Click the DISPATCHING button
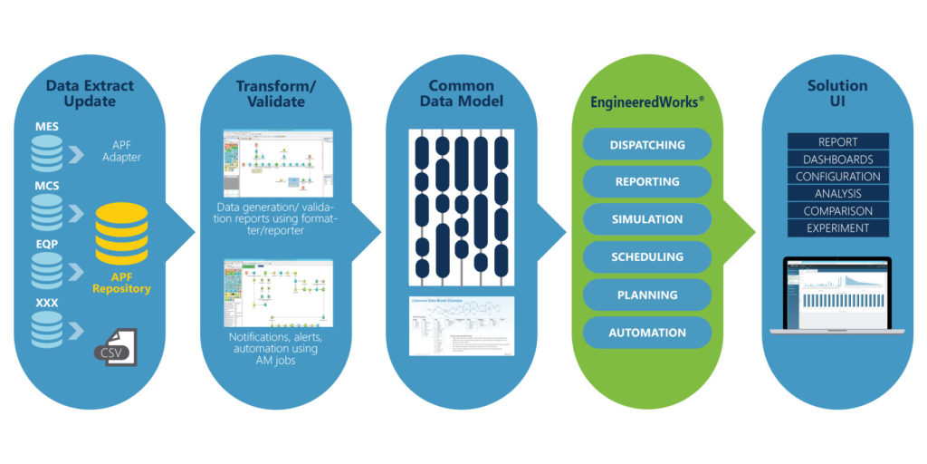coord(646,144)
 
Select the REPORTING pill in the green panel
coord(646,181)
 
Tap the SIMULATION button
coord(646,219)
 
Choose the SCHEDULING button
coord(646,257)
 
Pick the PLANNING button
coord(646,295)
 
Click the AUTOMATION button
coord(646,333)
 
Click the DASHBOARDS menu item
coord(837,159)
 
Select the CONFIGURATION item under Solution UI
coord(837,177)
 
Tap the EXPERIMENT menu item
coord(837,228)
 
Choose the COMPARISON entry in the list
coord(837,211)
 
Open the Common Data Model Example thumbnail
coord(462,328)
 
